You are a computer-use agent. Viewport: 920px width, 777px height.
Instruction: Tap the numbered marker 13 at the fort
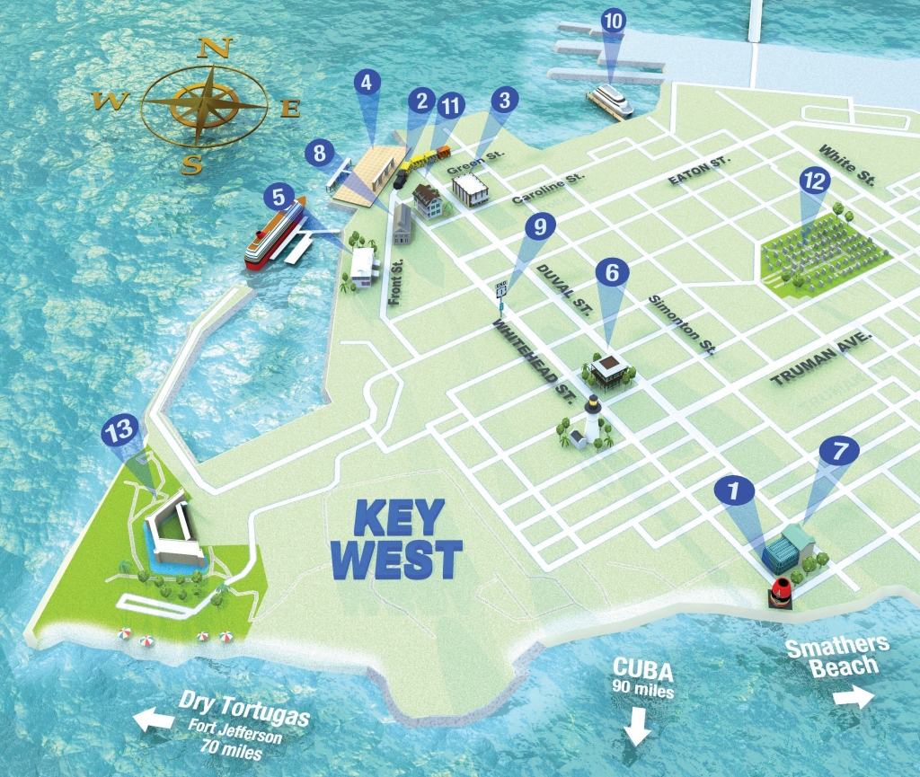pyautogui.click(x=118, y=432)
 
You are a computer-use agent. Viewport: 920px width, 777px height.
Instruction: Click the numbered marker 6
pyautogui.click(x=613, y=273)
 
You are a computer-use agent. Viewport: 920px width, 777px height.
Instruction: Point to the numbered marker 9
pyautogui.click(x=539, y=226)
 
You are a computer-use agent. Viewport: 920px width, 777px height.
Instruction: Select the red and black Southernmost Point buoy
pyautogui.click(x=781, y=591)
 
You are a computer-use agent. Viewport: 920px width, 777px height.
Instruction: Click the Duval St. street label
pyautogui.click(x=563, y=288)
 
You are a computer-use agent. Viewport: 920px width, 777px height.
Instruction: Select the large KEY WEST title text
pyautogui.click(x=395, y=537)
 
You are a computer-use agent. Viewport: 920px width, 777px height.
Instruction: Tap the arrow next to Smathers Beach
pyautogui.click(x=852, y=698)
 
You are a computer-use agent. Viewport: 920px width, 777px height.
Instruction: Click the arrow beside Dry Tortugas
pyautogui.click(x=153, y=718)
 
